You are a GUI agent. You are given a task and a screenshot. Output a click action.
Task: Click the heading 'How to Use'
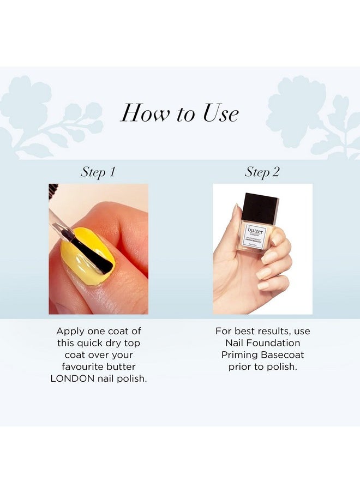tap(179, 113)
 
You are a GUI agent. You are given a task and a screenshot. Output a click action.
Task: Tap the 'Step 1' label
tap(98, 172)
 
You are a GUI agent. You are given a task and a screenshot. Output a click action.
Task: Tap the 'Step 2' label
tap(262, 172)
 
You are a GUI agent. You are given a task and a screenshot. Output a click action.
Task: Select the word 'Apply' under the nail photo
tap(69, 331)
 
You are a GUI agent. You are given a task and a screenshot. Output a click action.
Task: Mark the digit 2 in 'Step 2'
tap(276, 172)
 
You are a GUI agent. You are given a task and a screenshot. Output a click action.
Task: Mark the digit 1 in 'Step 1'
tap(112, 172)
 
